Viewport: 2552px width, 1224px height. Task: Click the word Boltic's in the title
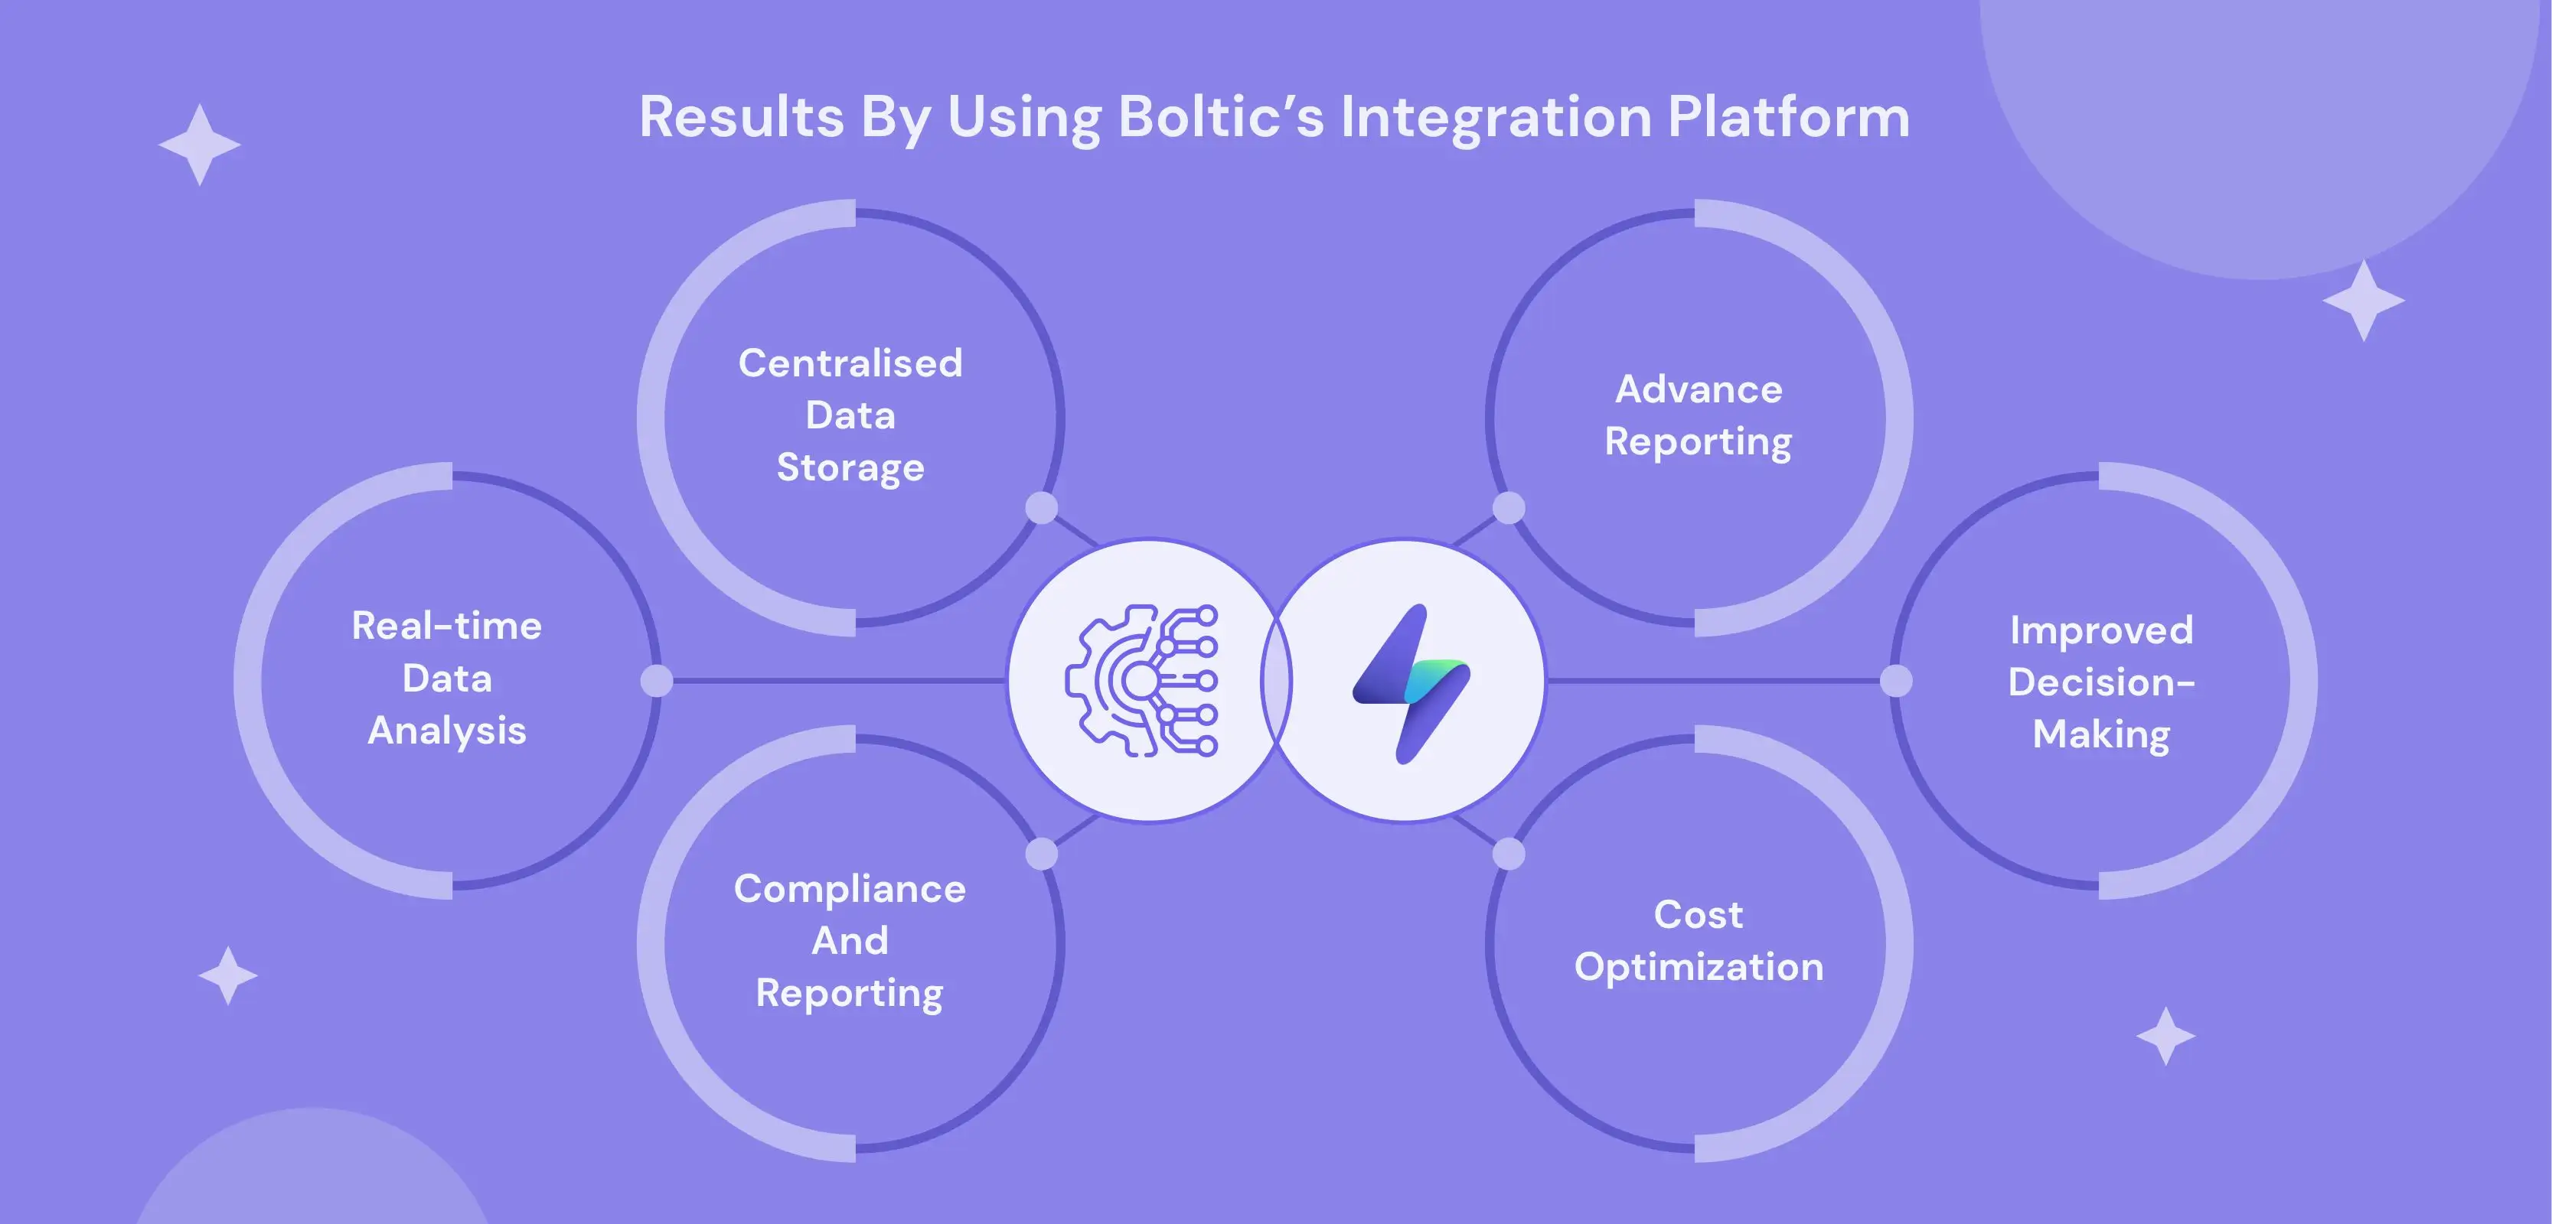click(x=1221, y=117)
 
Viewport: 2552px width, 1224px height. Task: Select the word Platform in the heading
click(x=1788, y=117)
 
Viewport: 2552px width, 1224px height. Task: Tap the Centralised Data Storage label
click(x=850, y=415)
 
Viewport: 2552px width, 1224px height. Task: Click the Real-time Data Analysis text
click(x=447, y=679)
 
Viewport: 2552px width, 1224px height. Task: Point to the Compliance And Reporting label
click(x=850, y=939)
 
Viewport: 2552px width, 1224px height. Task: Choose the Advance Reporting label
click(x=1698, y=415)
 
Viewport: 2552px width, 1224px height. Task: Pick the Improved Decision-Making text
click(x=2100, y=682)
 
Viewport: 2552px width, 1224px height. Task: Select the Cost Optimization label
click(x=1698, y=939)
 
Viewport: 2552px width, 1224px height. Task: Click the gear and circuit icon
click(x=1142, y=680)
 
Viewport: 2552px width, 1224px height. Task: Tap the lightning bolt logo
click(x=1411, y=682)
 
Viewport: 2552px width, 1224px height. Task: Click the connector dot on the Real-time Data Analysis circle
click(x=656, y=680)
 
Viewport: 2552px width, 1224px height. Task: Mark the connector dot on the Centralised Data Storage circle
click(x=1041, y=508)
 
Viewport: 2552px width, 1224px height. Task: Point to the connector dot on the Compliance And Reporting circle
click(x=1041, y=854)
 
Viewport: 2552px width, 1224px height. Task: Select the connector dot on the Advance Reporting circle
click(x=1508, y=508)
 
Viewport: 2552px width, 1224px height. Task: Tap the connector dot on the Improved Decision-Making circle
click(x=1895, y=680)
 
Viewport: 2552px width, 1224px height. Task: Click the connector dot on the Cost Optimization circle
click(x=1508, y=854)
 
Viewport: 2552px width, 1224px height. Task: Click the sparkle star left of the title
click(x=199, y=145)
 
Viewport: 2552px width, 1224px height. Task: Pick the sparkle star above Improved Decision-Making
click(x=2363, y=300)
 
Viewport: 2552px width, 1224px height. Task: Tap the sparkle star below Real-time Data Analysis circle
click(x=228, y=975)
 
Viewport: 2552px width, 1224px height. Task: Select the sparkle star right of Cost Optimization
click(x=2165, y=1036)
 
